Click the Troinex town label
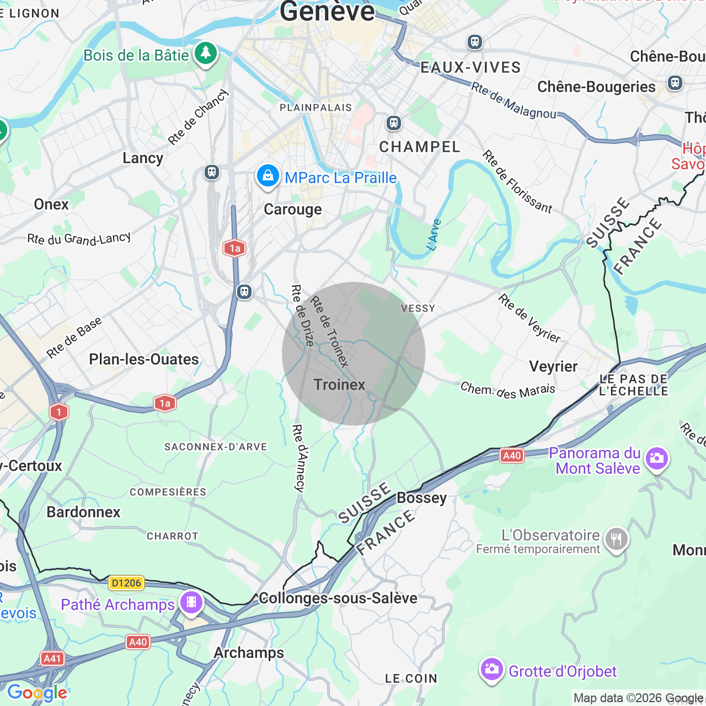(x=339, y=384)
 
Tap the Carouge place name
(x=292, y=210)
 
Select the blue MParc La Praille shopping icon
(x=268, y=176)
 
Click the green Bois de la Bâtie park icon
(x=206, y=54)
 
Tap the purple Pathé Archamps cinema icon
(x=191, y=602)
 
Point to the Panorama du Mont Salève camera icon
(x=656, y=458)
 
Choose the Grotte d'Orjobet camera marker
(x=491, y=669)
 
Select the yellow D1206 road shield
(x=126, y=583)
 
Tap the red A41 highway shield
(x=52, y=658)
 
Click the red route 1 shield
(x=59, y=412)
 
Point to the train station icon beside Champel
(x=394, y=122)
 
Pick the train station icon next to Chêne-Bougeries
(x=675, y=83)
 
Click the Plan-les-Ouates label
(x=143, y=359)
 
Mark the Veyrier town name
(x=553, y=366)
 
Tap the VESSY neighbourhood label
(x=418, y=308)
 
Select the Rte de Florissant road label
(x=517, y=181)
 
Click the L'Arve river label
(x=435, y=235)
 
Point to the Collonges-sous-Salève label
(x=338, y=598)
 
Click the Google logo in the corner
(x=37, y=693)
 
